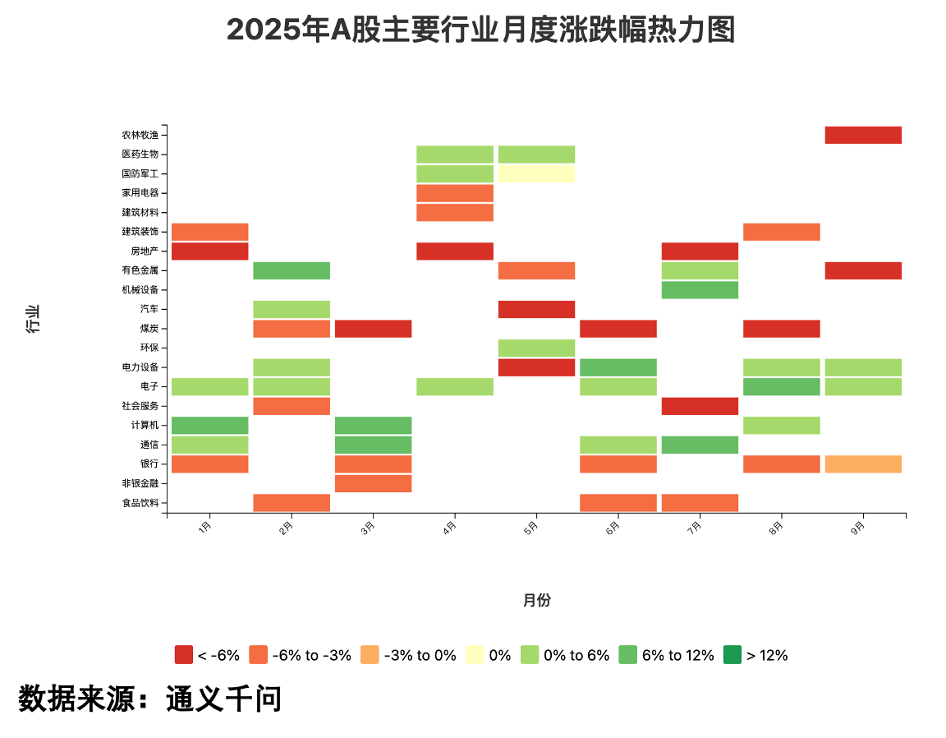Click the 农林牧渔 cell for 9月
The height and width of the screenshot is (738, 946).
pos(863,135)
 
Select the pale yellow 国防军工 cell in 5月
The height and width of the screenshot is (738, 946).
pos(536,173)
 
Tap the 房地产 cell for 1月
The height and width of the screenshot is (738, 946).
pos(209,251)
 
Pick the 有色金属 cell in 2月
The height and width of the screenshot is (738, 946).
pos(292,270)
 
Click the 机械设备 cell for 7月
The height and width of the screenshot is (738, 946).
pos(700,290)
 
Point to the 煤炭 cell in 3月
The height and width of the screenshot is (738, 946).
pos(373,329)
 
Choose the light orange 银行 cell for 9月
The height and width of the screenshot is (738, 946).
pos(863,464)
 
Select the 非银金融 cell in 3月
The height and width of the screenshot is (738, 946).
pos(373,483)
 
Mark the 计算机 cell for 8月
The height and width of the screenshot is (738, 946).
pos(781,426)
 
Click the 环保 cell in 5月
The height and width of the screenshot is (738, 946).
pos(536,348)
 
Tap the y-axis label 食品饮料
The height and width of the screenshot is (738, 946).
pos(140,503)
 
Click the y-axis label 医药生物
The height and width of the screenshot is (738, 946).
pos(140,155)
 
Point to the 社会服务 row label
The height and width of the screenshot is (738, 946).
pos(140,406)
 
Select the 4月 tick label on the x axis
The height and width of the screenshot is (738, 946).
pos(450,526)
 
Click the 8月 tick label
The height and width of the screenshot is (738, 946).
pos(777,526)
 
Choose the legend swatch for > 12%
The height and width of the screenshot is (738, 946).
pos(732,655)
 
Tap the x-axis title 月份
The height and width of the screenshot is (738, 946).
pos(536,601)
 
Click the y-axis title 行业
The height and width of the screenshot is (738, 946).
pos(34,319)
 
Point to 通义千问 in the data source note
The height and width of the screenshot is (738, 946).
pos(223,699)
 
